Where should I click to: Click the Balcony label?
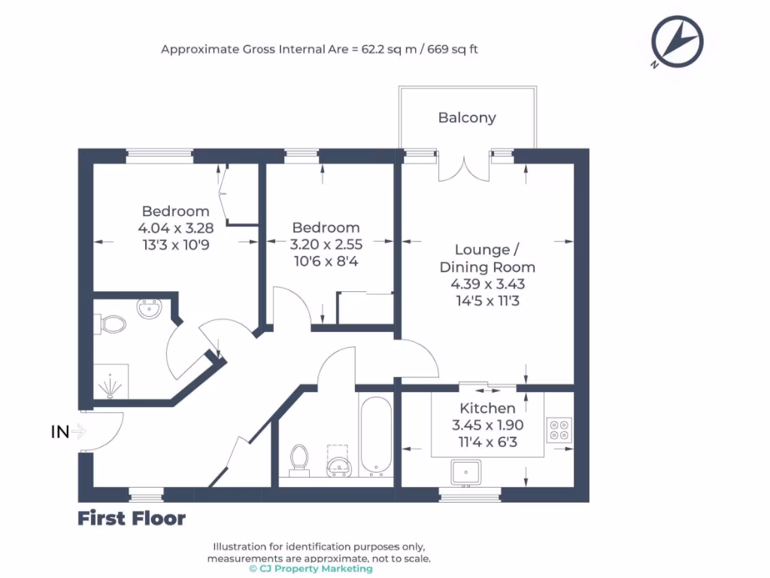tap(467, 117)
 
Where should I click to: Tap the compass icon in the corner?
tap(677, 42)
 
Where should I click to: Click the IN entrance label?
tap(60, 432)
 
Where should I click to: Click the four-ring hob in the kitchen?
tap(559, 428)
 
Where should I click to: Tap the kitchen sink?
tap(466, 472)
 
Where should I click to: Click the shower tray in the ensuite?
tap(111, 382)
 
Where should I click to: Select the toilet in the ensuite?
tap(113, 324)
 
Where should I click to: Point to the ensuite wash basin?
tap(151, 308)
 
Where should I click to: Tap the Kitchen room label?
tap(488, 408)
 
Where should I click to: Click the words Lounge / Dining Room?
tap(487, 258)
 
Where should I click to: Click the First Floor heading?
tap(132, 519)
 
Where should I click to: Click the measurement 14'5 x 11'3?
tap(487, 301)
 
